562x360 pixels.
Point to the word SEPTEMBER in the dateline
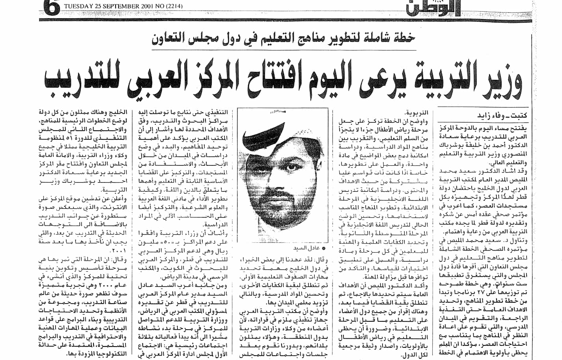click(x=116, y=6)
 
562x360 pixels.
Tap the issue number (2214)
click(x=173, y=6)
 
